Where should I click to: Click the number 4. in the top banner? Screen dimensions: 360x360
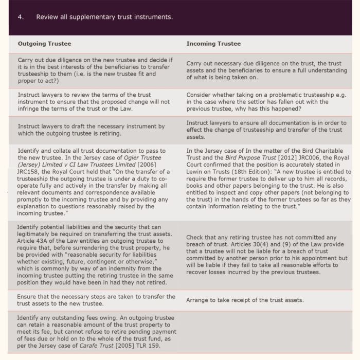pyautogui.click(x=21, y=17)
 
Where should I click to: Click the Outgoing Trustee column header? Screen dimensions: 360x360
pyautogui.click(x=44, y=44)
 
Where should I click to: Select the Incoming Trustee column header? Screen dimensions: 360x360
pyautogui.click(x=213, y=44)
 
